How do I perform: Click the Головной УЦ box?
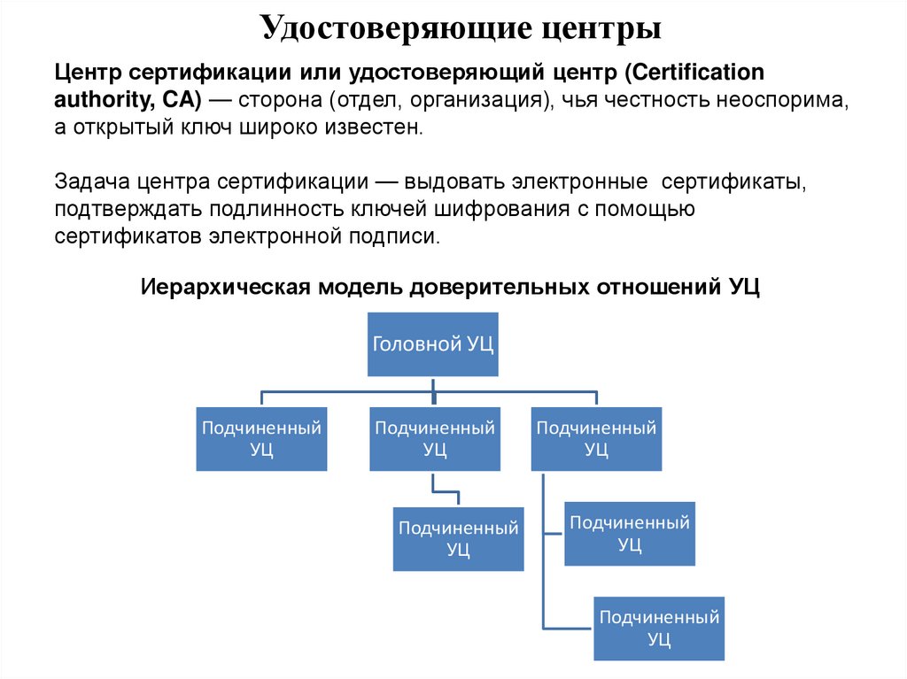coord(433,344)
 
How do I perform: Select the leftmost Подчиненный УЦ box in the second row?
coord(261,438)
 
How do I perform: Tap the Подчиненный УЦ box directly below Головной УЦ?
coord(434,438)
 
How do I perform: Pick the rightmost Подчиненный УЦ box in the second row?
coord(596,438)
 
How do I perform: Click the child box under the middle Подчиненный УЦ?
coord(458,538)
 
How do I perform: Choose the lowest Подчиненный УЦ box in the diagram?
coord(658,628)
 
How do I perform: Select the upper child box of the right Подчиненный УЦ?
coord(629,533)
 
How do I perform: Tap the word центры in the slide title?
coord(600,28)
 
